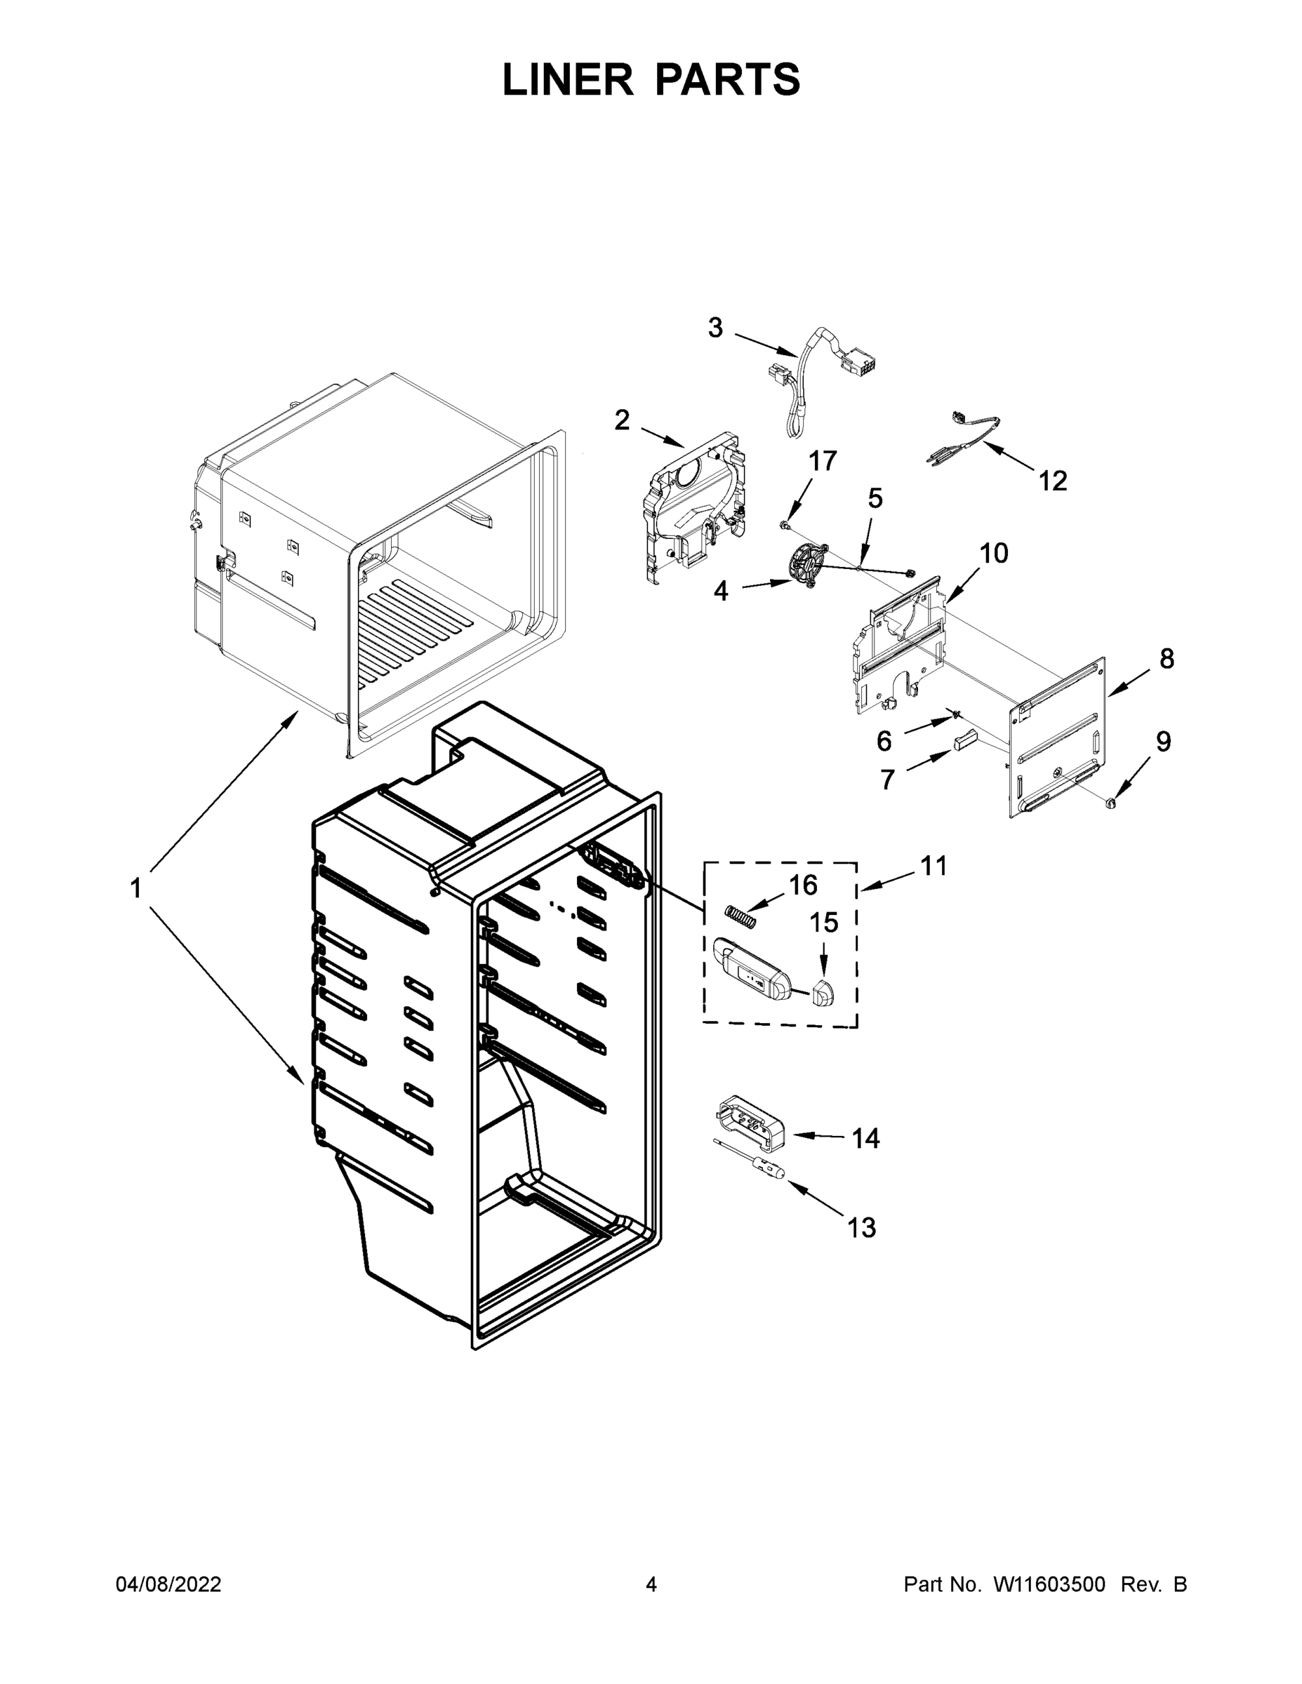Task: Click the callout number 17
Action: tap(822, 461)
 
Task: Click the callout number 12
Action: tap(1053, 481)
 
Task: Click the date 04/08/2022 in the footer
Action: tap(168, 1584)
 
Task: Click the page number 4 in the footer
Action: tap(651, 1584)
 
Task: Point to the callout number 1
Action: tap(135, 888)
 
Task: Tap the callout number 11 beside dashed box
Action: tap(934, 866)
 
